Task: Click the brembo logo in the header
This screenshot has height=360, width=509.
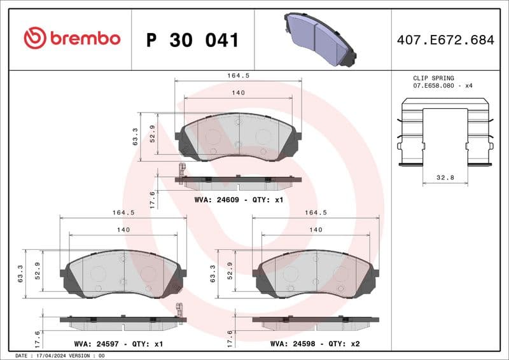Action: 71,39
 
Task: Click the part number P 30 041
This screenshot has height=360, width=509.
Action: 192,40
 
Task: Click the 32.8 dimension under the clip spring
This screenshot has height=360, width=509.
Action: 445,177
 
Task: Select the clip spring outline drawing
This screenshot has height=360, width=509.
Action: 445,134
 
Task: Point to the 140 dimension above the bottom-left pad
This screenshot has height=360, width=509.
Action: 123,230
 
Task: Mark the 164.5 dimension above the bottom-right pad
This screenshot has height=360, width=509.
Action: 316,213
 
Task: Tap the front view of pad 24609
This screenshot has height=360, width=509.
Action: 238,136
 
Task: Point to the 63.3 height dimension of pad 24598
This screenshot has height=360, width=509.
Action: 213,273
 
